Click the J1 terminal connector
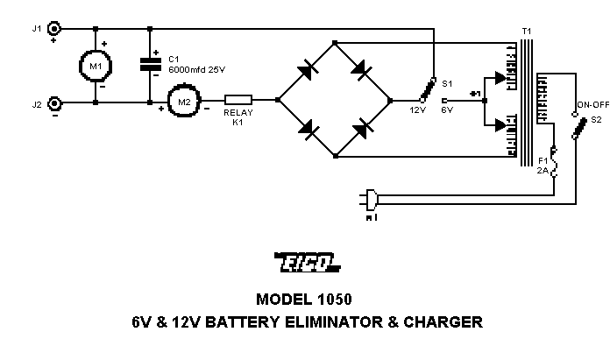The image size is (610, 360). point(54,28)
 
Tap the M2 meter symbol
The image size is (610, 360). point(183,102)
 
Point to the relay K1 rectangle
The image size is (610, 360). point(238,102)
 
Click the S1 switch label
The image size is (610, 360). point(447,84)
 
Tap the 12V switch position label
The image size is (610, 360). point(418,111)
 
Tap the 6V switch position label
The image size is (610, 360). point(446,111)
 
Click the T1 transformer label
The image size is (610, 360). point(526,31)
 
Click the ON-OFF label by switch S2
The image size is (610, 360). point(587,103)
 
